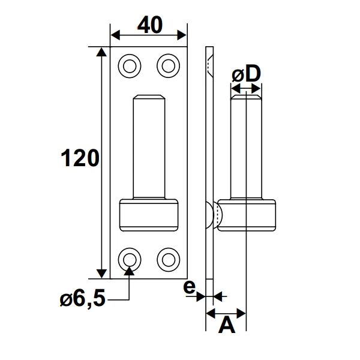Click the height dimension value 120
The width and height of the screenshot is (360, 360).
[x=79, y=158]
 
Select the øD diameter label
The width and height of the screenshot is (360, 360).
[x=246, y=75]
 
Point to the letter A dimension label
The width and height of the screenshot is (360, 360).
[x=226, y=325]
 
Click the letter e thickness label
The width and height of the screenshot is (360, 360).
[x=189, y=287]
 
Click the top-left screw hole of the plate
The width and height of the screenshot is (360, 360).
[x=128, y=64]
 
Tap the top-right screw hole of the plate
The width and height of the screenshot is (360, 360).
[x=167, y=64]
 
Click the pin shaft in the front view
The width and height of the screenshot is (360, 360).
[x=148, y=147]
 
